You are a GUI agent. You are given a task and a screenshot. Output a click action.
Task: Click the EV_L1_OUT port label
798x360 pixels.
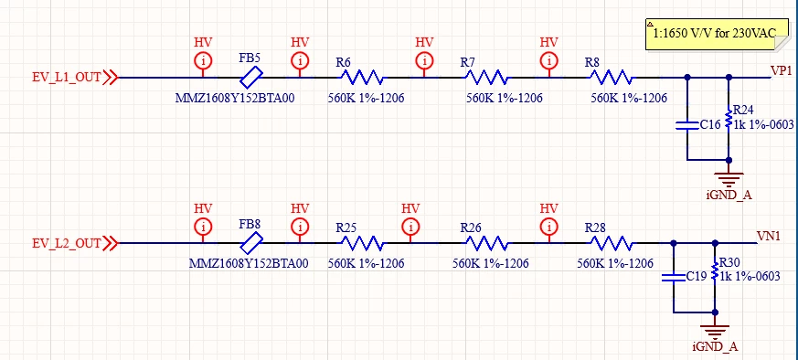click(67, 78)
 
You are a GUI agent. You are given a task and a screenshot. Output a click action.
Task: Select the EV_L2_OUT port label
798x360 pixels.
click(67, 244)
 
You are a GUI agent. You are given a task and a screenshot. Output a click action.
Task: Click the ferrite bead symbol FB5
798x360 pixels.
click(250, 78)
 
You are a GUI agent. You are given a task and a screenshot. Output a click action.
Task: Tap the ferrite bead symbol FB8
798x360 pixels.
click(250, 244)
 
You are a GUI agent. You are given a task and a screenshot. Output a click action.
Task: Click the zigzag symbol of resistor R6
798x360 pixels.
click(362, 78)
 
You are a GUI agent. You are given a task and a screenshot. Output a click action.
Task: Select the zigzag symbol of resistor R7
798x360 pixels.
click(486, 78)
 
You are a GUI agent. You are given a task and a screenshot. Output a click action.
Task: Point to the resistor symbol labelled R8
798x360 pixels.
click(611, 78)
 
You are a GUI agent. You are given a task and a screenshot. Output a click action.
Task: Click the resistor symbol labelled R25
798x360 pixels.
click(362, 244)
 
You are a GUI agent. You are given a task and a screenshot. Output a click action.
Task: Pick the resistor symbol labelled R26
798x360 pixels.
click(486, 244)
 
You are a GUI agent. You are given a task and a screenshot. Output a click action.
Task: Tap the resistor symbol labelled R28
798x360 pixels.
click(611, 244)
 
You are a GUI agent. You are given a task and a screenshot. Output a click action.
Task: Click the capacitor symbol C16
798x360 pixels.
click(687, 125)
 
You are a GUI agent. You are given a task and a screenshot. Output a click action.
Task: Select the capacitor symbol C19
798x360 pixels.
click(674, 277)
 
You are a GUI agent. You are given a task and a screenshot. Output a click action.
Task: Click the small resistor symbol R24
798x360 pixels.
click(729, 119)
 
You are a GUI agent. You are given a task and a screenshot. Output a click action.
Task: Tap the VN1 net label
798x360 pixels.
click(769, 236)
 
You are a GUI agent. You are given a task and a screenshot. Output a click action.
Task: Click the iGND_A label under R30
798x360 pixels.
click(715, 347)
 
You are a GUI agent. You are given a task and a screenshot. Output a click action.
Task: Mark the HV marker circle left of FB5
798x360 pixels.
click(203, 61)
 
